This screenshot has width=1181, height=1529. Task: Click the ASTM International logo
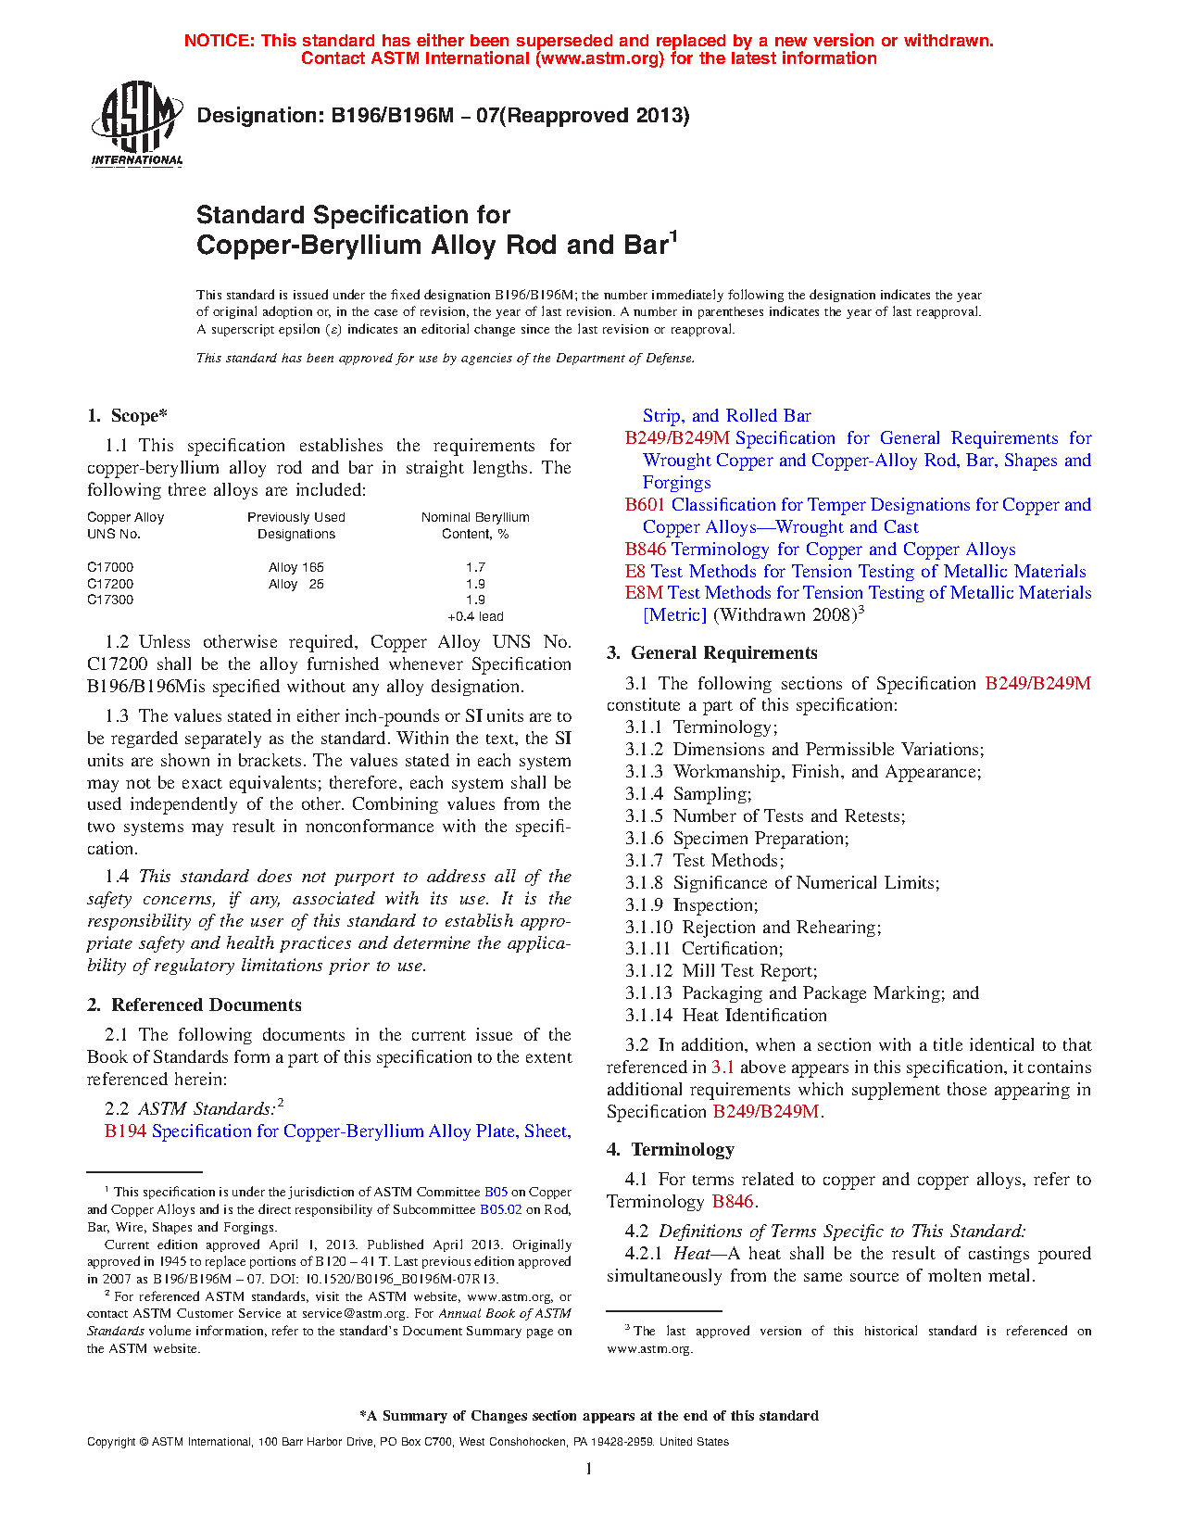(x=137, y=123)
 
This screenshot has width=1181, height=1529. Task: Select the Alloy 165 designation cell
(x=296, y=567)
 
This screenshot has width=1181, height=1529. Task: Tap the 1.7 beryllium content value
(x=475, y=567)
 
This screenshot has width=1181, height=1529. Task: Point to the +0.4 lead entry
(x=475, y=616)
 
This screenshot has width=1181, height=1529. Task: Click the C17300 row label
(x=110, y=600)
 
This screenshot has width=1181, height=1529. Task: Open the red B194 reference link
(x=125, y=1131)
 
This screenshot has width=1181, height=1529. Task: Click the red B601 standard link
(x=645, y=505)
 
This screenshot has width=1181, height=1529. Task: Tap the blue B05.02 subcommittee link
(x=500, y=1209)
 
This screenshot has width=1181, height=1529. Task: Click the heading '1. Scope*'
(x=127, y=416)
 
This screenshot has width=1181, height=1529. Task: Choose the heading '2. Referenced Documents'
(x=195, y=1005)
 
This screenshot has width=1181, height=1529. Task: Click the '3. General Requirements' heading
(x=711, y=653)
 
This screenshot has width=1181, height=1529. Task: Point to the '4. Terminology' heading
(x=671, y=1150)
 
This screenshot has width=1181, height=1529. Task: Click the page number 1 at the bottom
(x=589, y=1468)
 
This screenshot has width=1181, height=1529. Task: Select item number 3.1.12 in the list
(x=648, y=971)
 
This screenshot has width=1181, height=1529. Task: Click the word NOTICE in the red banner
(x=219, y=41)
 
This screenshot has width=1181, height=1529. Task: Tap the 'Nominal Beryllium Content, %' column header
(x=475, y=525)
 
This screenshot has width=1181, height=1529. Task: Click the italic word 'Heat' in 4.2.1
(x=692, y=1254)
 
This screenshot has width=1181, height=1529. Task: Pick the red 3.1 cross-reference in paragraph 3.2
(x=722, y=1068)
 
